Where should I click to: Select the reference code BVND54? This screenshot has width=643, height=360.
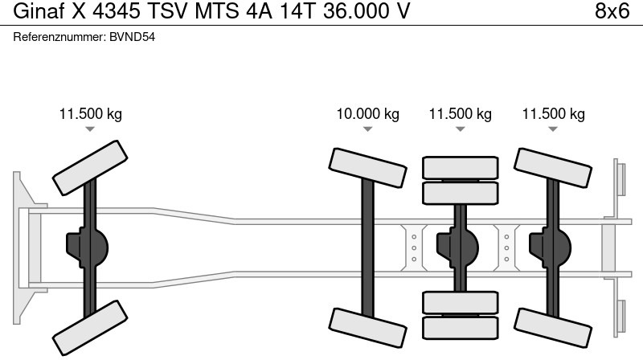pyautogui.click(x=132, y=39)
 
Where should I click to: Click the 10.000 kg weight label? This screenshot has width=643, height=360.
pyautogui.click(x=367, y=114)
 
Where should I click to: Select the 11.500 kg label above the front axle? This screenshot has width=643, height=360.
pyautogui.click(x=90, y=114)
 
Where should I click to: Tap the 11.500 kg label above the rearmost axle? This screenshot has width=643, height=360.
pyautogui.click(x=554, y=114)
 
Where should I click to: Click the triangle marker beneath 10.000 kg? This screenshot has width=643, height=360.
pyautogui.click(x=367, y=129)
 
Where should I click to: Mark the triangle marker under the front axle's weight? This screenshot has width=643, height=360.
pyautogui.click(x=90, y=129)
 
